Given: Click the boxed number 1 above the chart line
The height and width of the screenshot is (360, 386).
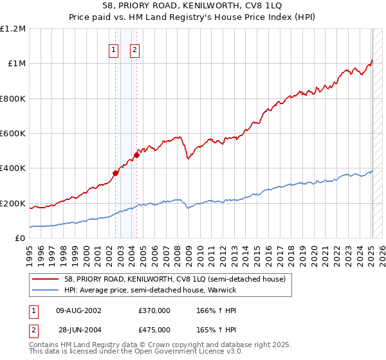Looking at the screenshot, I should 114,50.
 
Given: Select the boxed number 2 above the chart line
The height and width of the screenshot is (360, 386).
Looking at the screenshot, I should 135,50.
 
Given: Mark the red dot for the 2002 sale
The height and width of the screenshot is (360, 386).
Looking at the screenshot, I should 116,173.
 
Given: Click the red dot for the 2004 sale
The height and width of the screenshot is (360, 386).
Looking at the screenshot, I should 137,155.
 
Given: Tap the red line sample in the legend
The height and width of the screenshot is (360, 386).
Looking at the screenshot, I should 46,278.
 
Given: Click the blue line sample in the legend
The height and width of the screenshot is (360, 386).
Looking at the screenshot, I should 46,290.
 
